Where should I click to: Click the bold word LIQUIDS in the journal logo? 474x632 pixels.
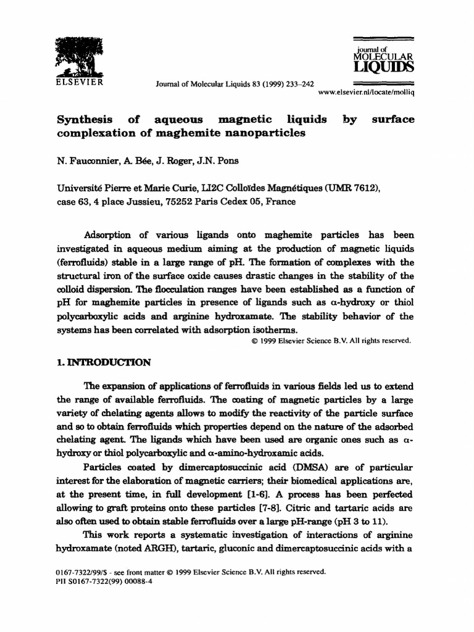[x=383, y=67]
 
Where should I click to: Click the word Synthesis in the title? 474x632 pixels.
[x=85, y=120]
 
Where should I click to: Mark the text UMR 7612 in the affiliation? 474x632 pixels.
[x=349, y=188]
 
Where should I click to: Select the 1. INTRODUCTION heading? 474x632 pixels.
[x=104, y=362]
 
